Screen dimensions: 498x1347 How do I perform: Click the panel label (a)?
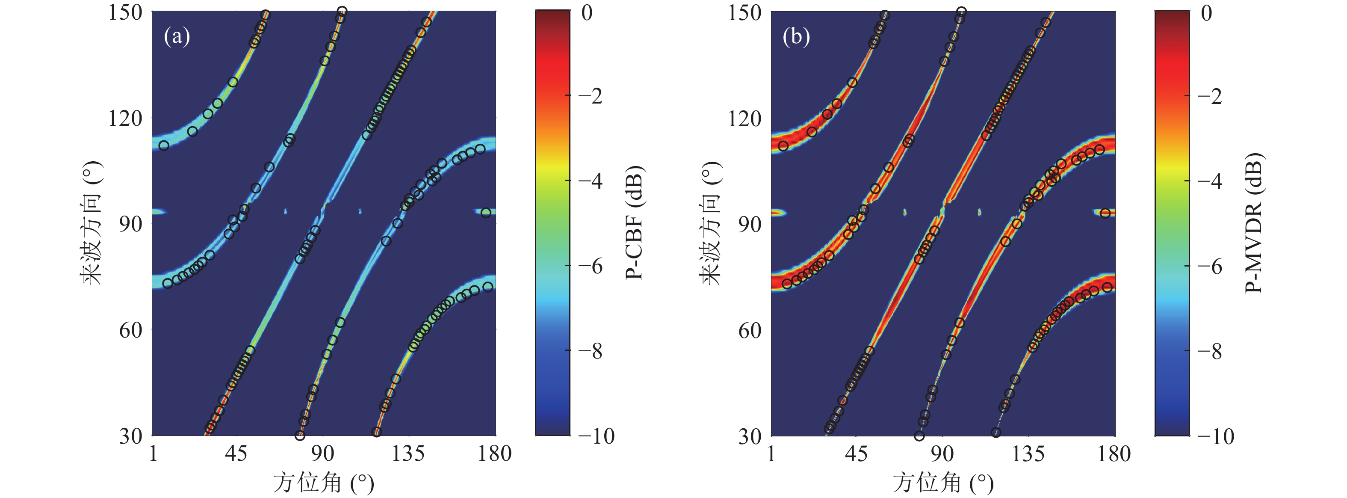pyautogui.click(x=177, y=37)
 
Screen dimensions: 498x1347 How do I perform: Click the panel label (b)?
pyautogui.click(x=796, y=37)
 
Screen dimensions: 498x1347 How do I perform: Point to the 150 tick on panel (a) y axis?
pyautogui.click(x=125, y=12)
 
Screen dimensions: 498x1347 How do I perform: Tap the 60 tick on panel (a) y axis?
pyautogui.click(x=131, y=330)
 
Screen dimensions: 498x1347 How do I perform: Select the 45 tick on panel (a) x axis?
pyautogui.click(x=236, y=453)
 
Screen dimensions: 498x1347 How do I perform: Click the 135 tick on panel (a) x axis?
pyautogui.click(x=408, y=453)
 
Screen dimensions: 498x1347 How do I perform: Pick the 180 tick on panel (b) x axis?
pyautogui.click(x=1114, y=453)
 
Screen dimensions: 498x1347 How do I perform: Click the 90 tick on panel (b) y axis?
pyautogui.click(x=750, y=224)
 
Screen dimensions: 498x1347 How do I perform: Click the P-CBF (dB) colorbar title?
pyautogui.click(x=634, y=222)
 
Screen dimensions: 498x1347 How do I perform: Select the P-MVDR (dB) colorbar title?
pyautogui.click(x=1253, y=222)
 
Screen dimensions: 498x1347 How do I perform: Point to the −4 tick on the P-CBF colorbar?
pyautogui.click(x=591, y=181)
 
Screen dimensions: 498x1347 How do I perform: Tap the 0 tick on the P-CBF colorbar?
pyautogui.click(x=587, y=12)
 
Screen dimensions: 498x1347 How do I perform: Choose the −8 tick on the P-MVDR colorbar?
pyautogui.click(x=1210, y=351)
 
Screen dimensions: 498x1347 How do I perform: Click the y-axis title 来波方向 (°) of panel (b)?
pyautogui.click(x=711, y=222)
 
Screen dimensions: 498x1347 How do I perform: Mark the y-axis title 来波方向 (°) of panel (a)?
pyautogui.click(x=91, y=222)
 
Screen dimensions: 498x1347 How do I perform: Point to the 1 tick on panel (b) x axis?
pyautogui.click(x=772, y=453)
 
